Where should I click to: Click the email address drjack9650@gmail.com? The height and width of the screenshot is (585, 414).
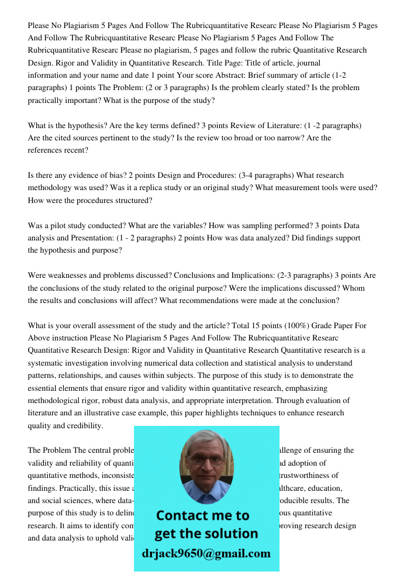click(x=206, y=553)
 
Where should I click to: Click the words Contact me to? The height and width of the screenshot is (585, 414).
click(x=202, y=516)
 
